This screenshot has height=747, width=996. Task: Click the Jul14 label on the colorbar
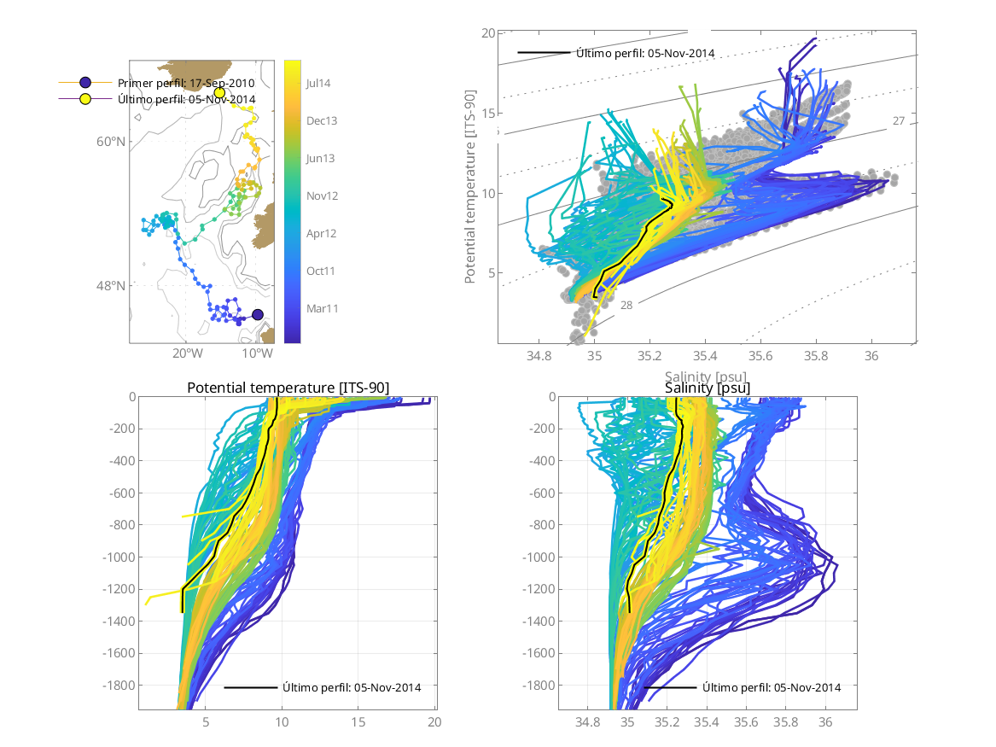pyautogui.click(x=318, y=84)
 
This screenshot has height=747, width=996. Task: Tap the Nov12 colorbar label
pyautogui.click(x=322, y=196)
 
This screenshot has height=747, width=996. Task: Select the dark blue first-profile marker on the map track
pyautogui.click(x=258, y=314)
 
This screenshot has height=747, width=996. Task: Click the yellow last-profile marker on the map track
pyautogui.click(x=219, y=92)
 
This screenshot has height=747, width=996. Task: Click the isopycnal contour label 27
pyautogui.click(x=899, y=121)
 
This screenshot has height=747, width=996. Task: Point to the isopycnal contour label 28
pyautogui.click(x=626, y=306)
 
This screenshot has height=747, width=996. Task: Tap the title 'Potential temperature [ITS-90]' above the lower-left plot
pyautogui.click(x=288, y=388)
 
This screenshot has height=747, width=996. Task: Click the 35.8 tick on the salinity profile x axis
pyautogui.click(x=786, y=722)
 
